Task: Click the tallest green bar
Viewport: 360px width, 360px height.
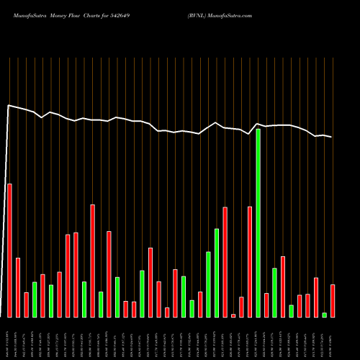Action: point(258,223)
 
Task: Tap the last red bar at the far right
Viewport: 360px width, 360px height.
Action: point(333,301)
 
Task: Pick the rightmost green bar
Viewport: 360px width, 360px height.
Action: point(325,315)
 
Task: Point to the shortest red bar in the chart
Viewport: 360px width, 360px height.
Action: point(233,315)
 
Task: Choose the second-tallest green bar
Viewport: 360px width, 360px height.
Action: point(217,273)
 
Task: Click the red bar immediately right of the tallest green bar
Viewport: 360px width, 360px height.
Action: point(266,305)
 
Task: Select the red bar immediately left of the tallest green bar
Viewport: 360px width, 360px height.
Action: point(250,262)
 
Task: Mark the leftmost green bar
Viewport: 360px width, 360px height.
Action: point(35,300)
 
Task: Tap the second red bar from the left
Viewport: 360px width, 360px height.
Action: point(18,287)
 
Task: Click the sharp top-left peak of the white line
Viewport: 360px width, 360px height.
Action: point(8,106)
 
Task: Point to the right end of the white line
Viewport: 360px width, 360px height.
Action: point(332,137)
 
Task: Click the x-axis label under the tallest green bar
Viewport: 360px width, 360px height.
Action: point(258,338)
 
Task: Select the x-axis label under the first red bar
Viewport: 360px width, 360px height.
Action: point(9,338)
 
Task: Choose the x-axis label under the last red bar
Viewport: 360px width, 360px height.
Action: point(333,338)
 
